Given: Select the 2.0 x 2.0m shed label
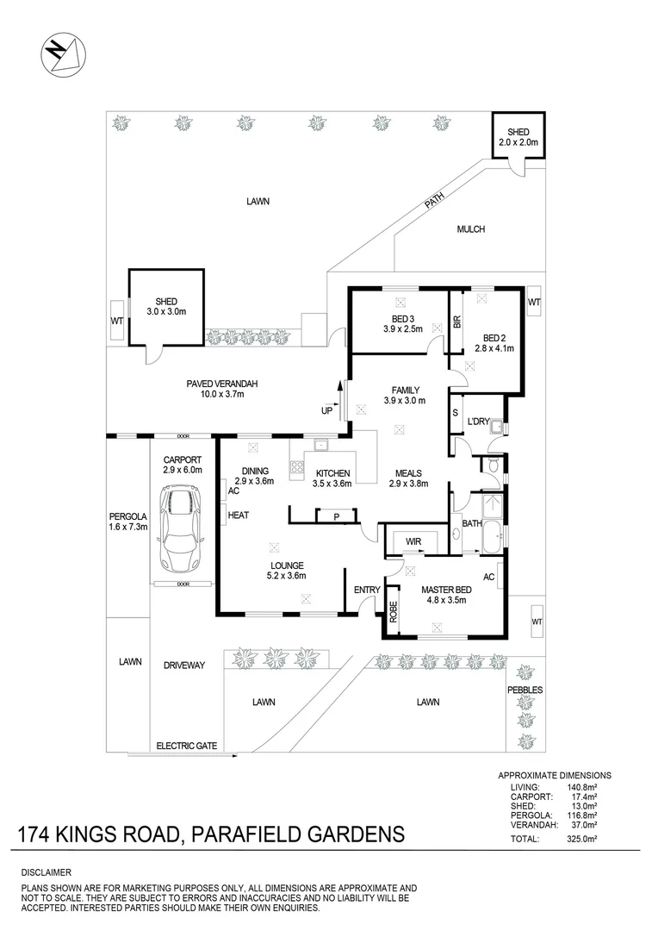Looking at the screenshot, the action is coord(518,136).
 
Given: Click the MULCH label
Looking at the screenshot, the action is coord(471,229).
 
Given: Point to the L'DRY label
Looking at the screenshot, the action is coord(479,421).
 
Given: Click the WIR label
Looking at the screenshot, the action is coord(414,541).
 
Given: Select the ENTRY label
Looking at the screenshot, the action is coord(367,590).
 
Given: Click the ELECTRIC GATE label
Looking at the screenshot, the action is coord(186,746).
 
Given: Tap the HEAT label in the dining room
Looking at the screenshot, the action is coord(238,515).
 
